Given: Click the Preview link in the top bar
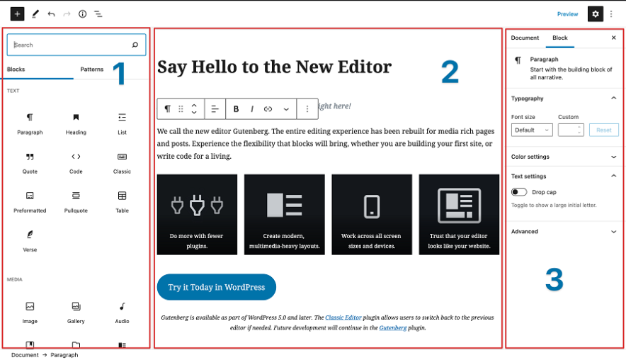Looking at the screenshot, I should [x=567, y=14].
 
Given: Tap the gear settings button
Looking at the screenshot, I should [x=595, y=14].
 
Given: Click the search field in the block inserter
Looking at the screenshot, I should [x=71, y=45].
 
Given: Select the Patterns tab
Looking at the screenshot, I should [x=92, y=69].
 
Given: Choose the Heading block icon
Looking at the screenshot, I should [x=76, y=118].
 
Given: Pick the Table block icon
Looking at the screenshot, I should [x=122, y=196].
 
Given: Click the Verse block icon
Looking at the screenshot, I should [x=30, y=235].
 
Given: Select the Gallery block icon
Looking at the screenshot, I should [x=76, y=306].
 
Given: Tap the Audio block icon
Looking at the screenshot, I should [x=122, y=306].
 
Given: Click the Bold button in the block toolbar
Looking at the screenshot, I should [x=236, y=109].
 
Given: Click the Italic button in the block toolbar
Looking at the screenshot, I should [x=251, y=109].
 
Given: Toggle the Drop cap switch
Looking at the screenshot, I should [x=519, y=192].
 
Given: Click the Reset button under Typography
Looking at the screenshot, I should [x=603, y=130].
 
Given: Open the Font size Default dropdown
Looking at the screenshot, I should [x=532, y=130].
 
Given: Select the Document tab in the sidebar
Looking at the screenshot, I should [x=525, y=38].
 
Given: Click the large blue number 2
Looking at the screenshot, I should [x=450, y=72].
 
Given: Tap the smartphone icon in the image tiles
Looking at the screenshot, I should [x=372, y=206].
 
